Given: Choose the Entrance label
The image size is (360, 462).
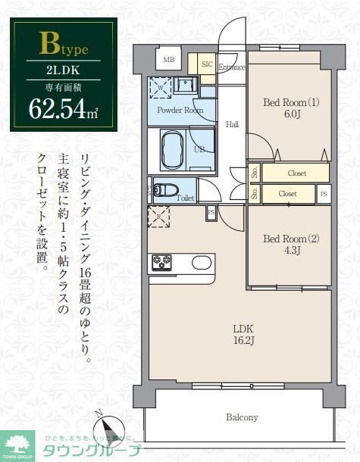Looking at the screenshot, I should [232, 67].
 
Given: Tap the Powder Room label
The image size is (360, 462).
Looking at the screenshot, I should [180, 110].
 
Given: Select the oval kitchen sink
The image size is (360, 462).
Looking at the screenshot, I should [202, 263].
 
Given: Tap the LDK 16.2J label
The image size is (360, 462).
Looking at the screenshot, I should [243, 334].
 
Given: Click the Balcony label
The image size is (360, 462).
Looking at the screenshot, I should [242, 417].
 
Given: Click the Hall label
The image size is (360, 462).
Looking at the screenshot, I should [233, 125].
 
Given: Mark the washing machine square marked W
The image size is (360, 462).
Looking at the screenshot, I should [161, 88].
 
